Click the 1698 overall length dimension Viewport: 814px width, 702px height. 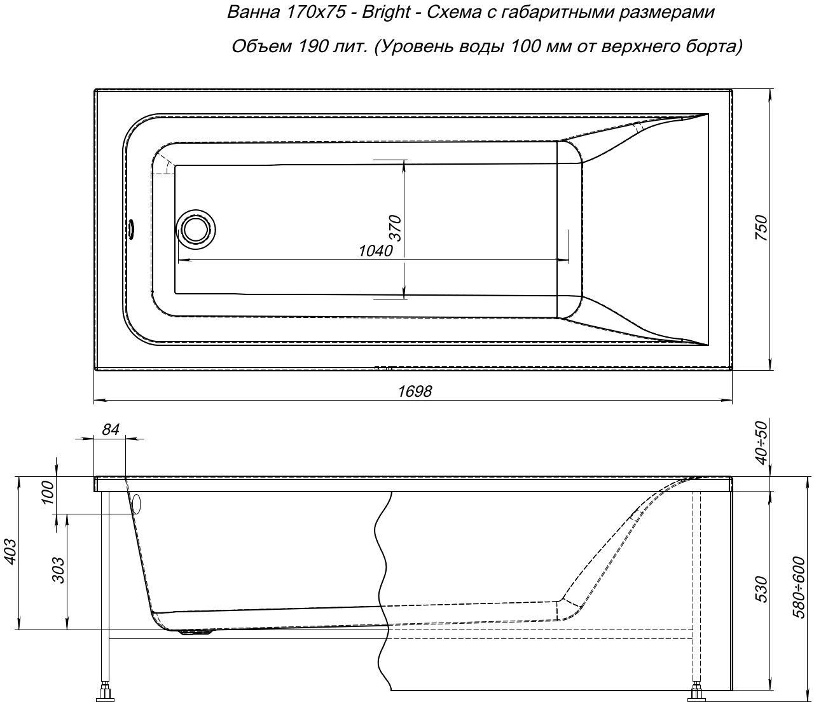pyautogui.click(x=415, y=391)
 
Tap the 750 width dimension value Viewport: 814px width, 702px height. pyautogui.click(x=761, y=228)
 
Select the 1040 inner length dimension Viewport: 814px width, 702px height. pyautogui.click(x=376, y=251)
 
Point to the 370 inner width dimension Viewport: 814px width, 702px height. pyautogui.click(x=395, y=228)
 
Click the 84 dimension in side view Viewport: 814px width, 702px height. pyautogui.click(x=110, y=430)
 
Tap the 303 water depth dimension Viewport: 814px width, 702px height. pyautogui.click(x=59, y=570)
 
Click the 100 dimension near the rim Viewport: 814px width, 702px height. pyautogui.click(x=47, y=493)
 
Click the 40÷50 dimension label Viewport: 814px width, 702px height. pyautogui.click(x=762, y=443)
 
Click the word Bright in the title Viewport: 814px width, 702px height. pyautogui.click(x=386, y=13)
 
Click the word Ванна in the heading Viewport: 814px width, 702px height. pyautogui.click(x=253, y=13)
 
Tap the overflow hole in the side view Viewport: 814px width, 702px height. pyautogui.click(x=136, y=504)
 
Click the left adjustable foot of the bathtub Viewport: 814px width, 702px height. pyautogui.click(x=105, y=690)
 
